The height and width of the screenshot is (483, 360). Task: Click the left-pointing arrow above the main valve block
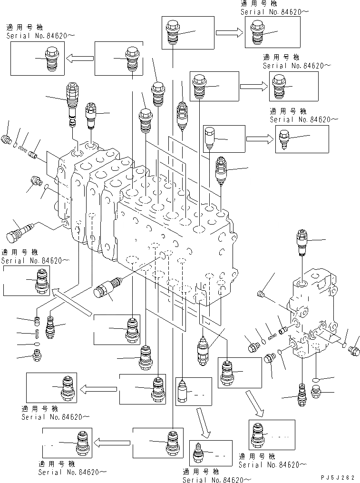(x=79, y=59)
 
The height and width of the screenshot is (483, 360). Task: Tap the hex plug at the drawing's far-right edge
(x=353, y=351)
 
